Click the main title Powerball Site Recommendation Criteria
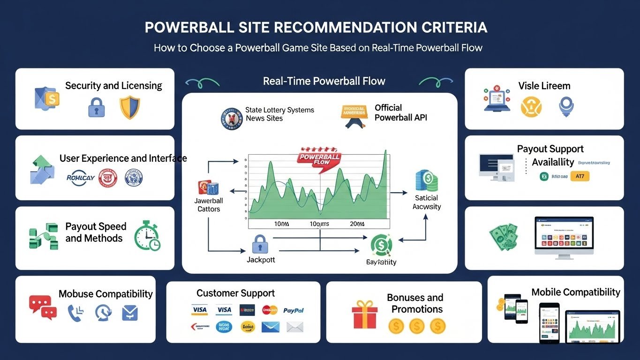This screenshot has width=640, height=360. coord(316,28)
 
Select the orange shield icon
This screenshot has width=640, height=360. coord(129,107)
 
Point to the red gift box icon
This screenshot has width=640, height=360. coord(364,315)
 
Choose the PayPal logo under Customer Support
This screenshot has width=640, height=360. coord(294,310)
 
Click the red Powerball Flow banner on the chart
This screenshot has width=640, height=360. coord(319,158)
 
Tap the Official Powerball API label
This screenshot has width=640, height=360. coord(400,112)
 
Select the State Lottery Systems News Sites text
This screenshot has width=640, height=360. coord(279,114)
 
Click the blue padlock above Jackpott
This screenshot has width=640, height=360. coord(259,244)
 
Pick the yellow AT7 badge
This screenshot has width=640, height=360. coord(580,176)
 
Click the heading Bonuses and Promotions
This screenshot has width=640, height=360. coord(415,303)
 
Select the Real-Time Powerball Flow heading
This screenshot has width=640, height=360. coord(324,81)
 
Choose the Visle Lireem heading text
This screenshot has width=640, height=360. coord(544,86)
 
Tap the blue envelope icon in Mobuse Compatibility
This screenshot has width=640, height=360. coord(130,313)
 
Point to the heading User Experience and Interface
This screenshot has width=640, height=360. coord(123,158)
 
